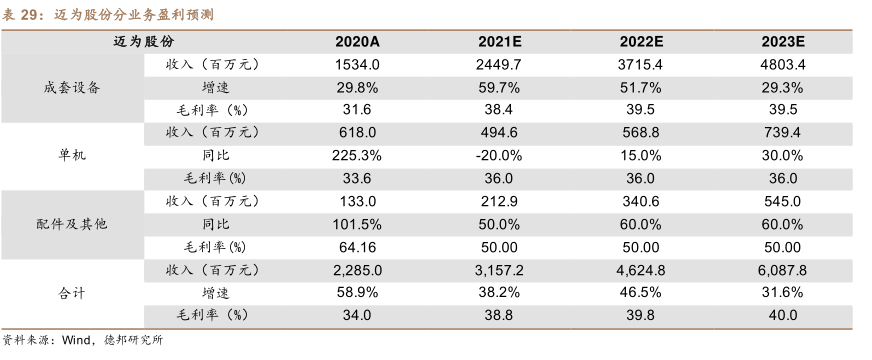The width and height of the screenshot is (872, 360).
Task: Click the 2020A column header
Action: pyautogui.click(x=357, y=41)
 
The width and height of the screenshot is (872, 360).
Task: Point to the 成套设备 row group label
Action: pyautogui.click(x=73, y=87)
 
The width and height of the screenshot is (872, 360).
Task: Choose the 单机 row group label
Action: pyautogui.click(x=73, y=155)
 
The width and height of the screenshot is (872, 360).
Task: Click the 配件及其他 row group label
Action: pyautogui.click(x=73, y=223)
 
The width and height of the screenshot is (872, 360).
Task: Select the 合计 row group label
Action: pyautogui.click(x=73, y=292)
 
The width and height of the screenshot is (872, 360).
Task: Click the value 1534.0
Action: pyautogui.click(x=357, y=64)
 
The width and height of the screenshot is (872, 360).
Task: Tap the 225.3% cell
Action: pyautogui.click(x=357, y=155)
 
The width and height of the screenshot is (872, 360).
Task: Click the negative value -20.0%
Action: pyautogui.click(x=499, y=155)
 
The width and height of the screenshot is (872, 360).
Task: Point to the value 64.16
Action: pyautogui.click(x=357, y=246)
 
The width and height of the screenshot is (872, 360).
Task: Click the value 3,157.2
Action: pyautogui.click(x=499, y=269)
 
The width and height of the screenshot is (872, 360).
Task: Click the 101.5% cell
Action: pyautogui.click(x=357, y=223)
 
